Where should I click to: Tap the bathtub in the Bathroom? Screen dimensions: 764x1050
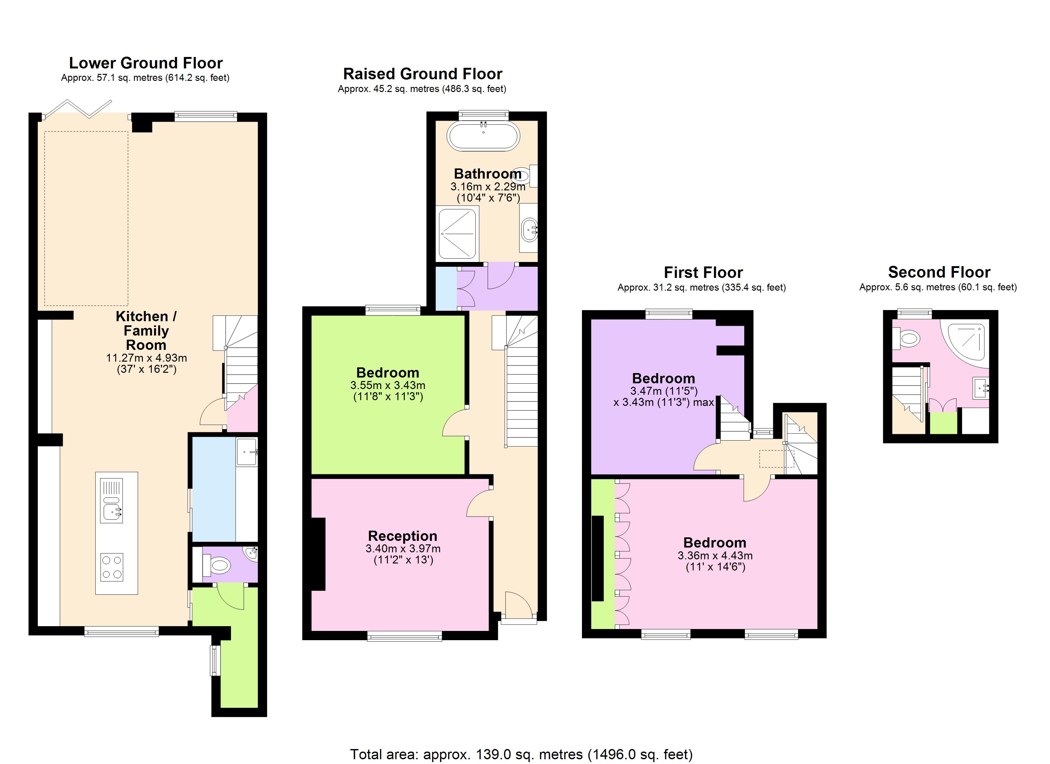pos(483,136)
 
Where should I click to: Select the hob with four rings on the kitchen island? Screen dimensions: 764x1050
pos(112,567)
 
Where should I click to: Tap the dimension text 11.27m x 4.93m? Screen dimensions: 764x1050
pos(146,358)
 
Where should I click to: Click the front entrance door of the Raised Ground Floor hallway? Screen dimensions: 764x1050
pos(519,606)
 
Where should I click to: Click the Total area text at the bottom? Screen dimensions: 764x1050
pos(521,754)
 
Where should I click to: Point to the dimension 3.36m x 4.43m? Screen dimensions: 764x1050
pos(715,555)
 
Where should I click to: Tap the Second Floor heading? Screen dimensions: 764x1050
pos(939,272)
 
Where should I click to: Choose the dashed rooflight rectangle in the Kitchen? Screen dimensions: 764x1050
pos(86,219)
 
